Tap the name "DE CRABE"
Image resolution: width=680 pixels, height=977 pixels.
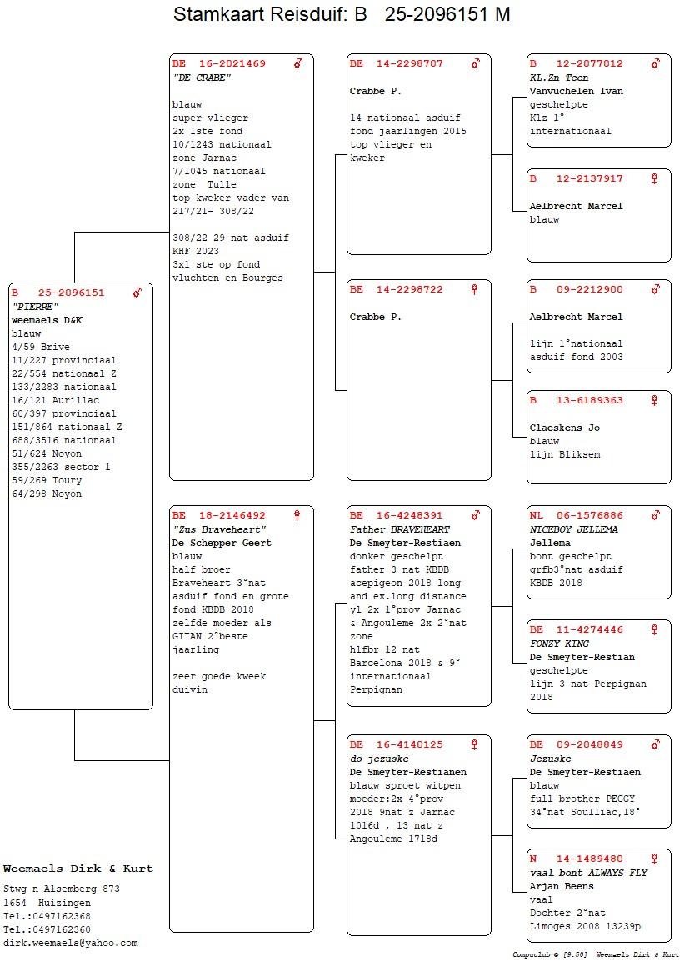click(202, 78)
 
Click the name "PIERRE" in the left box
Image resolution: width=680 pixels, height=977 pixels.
click(35, 307)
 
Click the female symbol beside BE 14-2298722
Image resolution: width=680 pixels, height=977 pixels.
click(474, 289)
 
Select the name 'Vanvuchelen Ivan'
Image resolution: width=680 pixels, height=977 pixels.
click(577, 91)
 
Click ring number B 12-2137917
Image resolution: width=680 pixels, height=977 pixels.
click(577, 179)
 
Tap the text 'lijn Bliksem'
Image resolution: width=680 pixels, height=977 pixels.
click(565, 455)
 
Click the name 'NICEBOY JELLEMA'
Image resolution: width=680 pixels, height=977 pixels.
click(574, 529)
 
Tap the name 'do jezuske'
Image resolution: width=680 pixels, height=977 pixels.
click(379, 759)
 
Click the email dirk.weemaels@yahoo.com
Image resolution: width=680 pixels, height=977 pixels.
click(70, 944)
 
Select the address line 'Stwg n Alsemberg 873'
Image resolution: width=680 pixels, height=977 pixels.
click(62, 889)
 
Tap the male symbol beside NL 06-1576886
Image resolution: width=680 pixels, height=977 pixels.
click(655, 515)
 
